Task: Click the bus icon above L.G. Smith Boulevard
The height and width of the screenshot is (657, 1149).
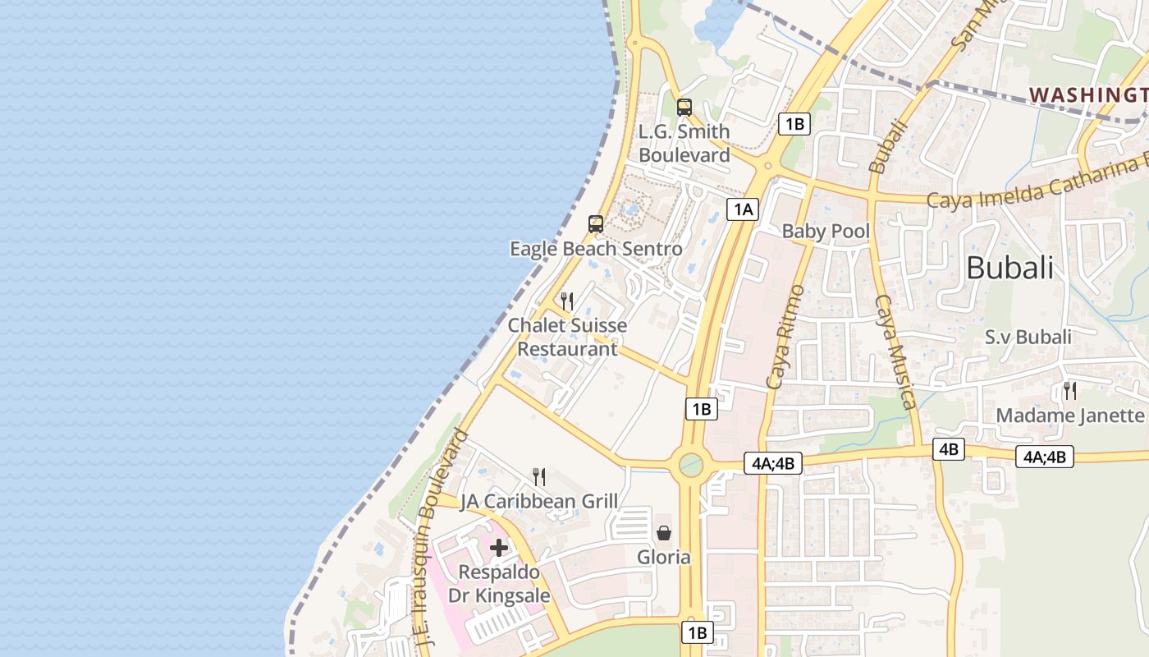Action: point(684,107)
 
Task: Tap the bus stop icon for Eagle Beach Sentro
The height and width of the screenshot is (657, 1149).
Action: point(596,223)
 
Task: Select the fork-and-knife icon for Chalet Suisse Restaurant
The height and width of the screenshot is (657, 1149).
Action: point(567,301)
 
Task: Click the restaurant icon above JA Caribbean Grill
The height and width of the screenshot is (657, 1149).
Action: point(539,476)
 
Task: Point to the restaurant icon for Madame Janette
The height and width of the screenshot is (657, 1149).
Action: point(1069,391)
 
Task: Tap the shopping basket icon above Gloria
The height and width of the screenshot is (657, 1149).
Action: point(664,533)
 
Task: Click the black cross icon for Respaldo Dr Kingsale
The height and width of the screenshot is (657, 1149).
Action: point(499,548)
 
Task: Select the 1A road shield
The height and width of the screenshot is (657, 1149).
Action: point(743,209)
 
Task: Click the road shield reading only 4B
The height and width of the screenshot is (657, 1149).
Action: point(949,448)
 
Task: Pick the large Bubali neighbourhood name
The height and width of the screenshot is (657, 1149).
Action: point(1009,268)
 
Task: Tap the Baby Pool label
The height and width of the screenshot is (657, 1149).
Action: point(825,231)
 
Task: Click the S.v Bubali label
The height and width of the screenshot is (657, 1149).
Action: point(1028,337)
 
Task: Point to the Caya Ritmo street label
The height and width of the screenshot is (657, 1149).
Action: point(785,337)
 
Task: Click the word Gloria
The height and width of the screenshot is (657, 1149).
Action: point(664,558)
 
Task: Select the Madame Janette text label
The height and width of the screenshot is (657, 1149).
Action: point(1069,416)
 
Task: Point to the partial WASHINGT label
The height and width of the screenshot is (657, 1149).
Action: point(1088,94)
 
